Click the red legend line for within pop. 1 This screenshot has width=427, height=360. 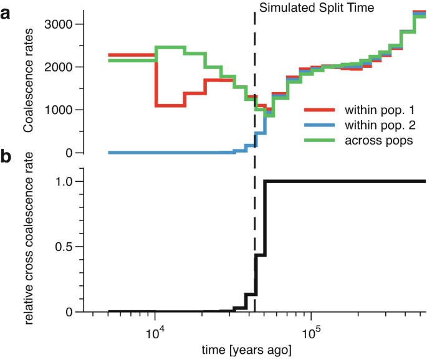pos(320,110)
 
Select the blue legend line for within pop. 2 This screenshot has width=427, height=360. pos(320,126)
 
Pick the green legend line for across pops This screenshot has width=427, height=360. pos(320,141)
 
